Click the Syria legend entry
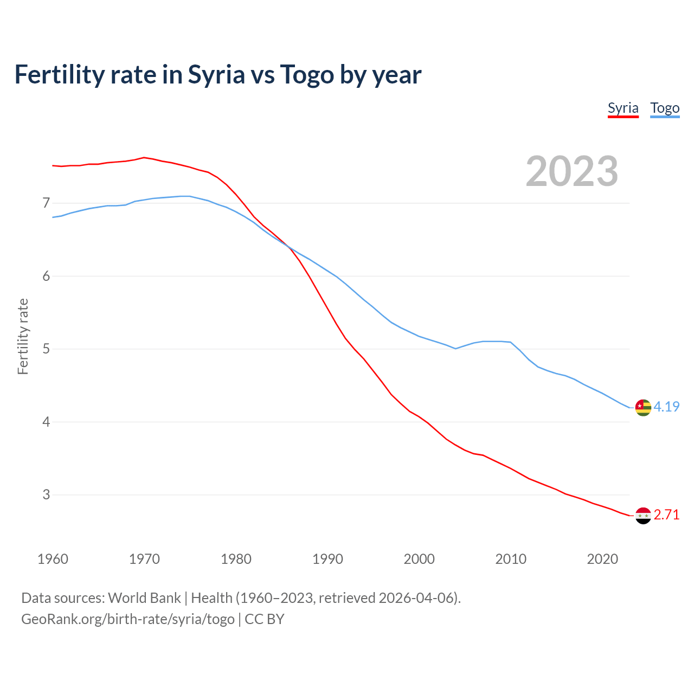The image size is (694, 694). [x=623, y=108]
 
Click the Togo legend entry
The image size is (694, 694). [x=665, y=108]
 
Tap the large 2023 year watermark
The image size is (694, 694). [x=571, y=171]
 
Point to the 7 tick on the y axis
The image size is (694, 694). [x=46, y=203]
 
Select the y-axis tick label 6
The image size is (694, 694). [x=46, y=276]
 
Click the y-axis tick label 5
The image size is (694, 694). [x=46, y=349]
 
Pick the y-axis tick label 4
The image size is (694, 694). [x=46, y=422]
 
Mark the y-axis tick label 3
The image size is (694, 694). [x=46, y=494]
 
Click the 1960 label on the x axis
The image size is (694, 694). [x=53, y=559]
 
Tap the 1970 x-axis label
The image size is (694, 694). [x=144, y=559]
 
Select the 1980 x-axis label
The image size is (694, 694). [x=236, y=559]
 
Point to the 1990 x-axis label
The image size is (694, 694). [x=327, y=559]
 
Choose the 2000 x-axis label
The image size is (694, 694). [x=419, y=559]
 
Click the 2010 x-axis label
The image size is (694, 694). [x=511, y=559]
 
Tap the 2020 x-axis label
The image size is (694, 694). [x=602, y=559]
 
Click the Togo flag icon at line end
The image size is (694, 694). [x=643, y=407]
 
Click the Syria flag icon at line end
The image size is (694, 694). [x=643, y=516]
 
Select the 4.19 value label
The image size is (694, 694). [x=666, y=407]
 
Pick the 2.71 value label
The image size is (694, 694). [x=666, y=515]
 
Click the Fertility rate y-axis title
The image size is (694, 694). [x=23, y=336]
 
